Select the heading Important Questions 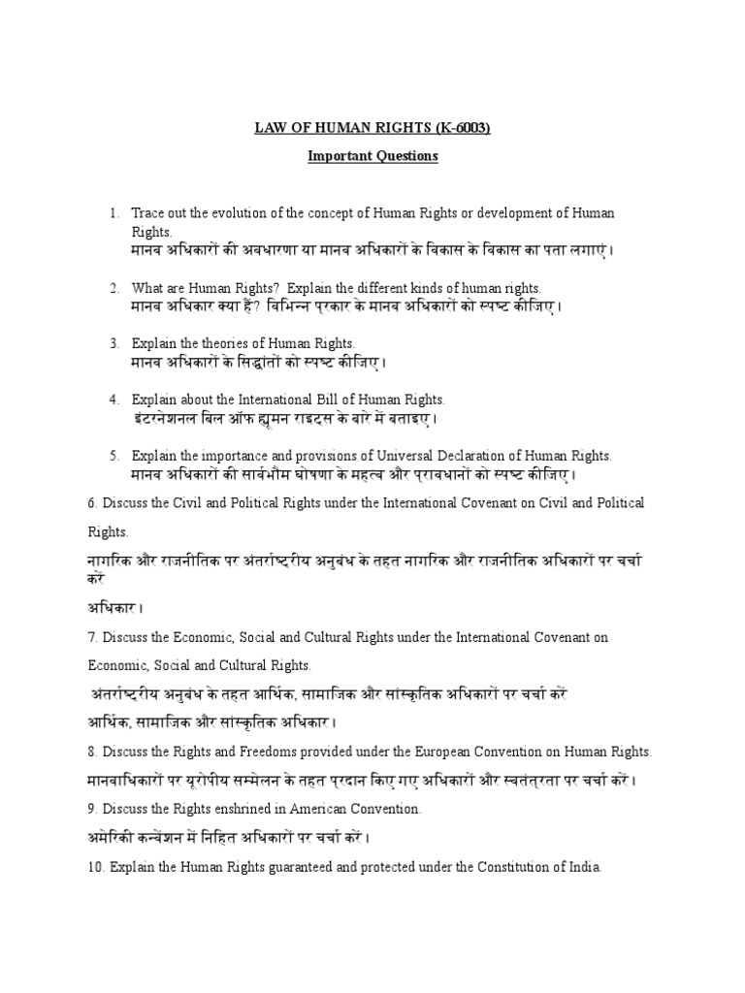pyautogui.click(x=372, y=155)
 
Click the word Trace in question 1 pyautogui.click(x=148, y=212)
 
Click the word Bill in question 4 pyautogui.click(x=303, y=399)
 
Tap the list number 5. pyautogui.click(x=113, y=454)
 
